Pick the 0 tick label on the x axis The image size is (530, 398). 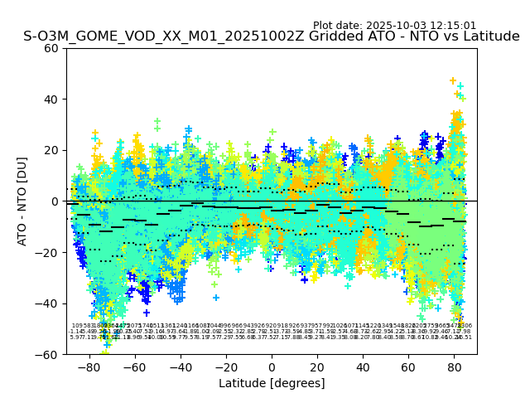[x=272, y=366]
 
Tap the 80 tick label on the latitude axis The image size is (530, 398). [x=455, y=366]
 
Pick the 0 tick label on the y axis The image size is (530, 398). [x=55, y=201]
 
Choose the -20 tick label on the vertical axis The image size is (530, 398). [x=49, y=252]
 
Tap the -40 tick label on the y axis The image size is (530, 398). [x=49, y=303]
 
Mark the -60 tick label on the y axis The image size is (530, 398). [x=49, y=354]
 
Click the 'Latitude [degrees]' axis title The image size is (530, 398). [x=272, y=383]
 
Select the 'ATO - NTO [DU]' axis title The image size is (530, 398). [x=23, y=201]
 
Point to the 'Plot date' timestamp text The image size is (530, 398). [x=394, y=26]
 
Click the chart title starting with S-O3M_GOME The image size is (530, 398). [x=272, y=37]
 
